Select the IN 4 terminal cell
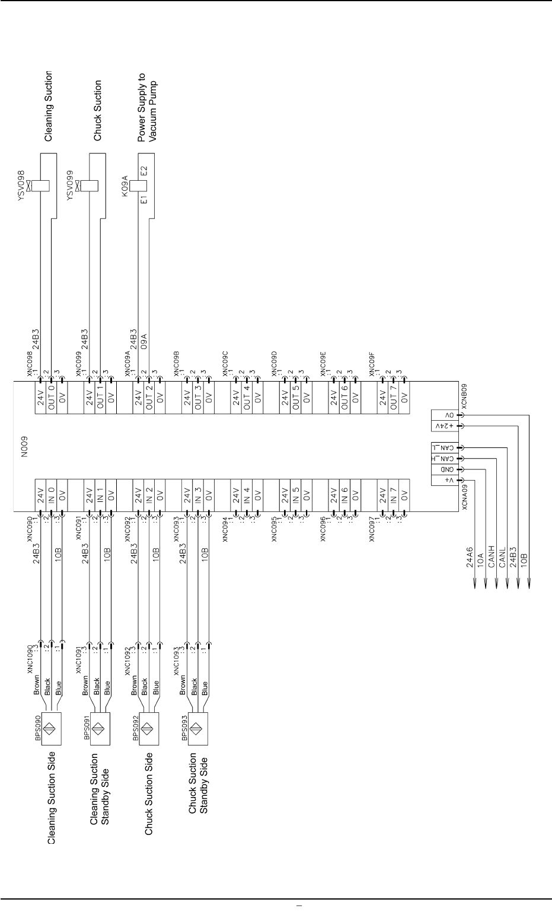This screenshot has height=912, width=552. coord(247,491)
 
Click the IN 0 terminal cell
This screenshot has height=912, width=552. coord(52,491)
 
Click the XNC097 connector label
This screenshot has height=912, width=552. coord(372,529)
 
